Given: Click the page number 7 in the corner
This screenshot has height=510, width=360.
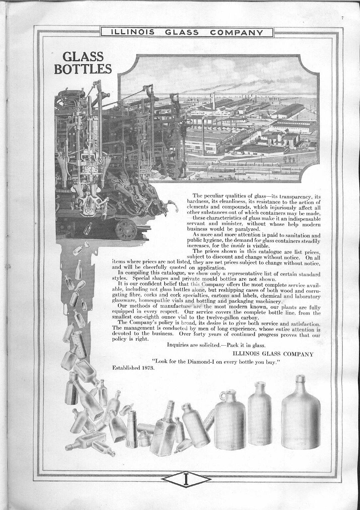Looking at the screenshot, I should (342, 18).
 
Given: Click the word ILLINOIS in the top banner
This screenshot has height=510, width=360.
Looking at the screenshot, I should (132, 32).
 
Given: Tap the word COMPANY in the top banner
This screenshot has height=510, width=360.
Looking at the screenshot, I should (237, 32).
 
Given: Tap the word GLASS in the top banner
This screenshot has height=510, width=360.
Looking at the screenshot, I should (181, 32).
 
